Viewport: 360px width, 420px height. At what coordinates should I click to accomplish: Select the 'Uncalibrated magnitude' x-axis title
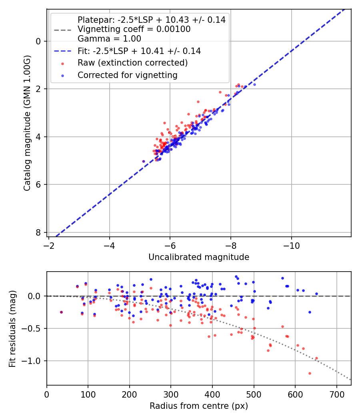click(199, 257)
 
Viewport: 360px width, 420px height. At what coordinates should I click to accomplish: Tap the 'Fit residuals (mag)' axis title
click(13, 328)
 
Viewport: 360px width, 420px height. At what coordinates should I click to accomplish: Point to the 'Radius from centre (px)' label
click(199, 406)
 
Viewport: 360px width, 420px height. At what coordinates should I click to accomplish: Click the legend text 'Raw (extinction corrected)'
click(132, 63)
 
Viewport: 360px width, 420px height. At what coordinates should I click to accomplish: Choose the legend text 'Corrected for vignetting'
click(128, 75)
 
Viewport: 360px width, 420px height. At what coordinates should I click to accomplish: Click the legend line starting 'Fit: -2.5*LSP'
click(139, 51)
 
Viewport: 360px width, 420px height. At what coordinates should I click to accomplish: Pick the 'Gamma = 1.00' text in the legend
click(109, 39)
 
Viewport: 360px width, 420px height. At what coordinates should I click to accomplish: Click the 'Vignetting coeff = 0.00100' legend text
click(134, 29)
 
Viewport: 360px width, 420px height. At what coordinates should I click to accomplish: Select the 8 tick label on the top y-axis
click(38, 233)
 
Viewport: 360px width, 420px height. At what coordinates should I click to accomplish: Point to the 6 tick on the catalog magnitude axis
click(38, 185)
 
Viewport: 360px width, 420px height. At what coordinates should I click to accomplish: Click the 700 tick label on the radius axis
click(336, 394)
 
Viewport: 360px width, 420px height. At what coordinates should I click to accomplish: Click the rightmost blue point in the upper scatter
click(254, 84)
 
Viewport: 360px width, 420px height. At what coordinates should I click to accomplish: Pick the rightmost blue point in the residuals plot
click(316, 294)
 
